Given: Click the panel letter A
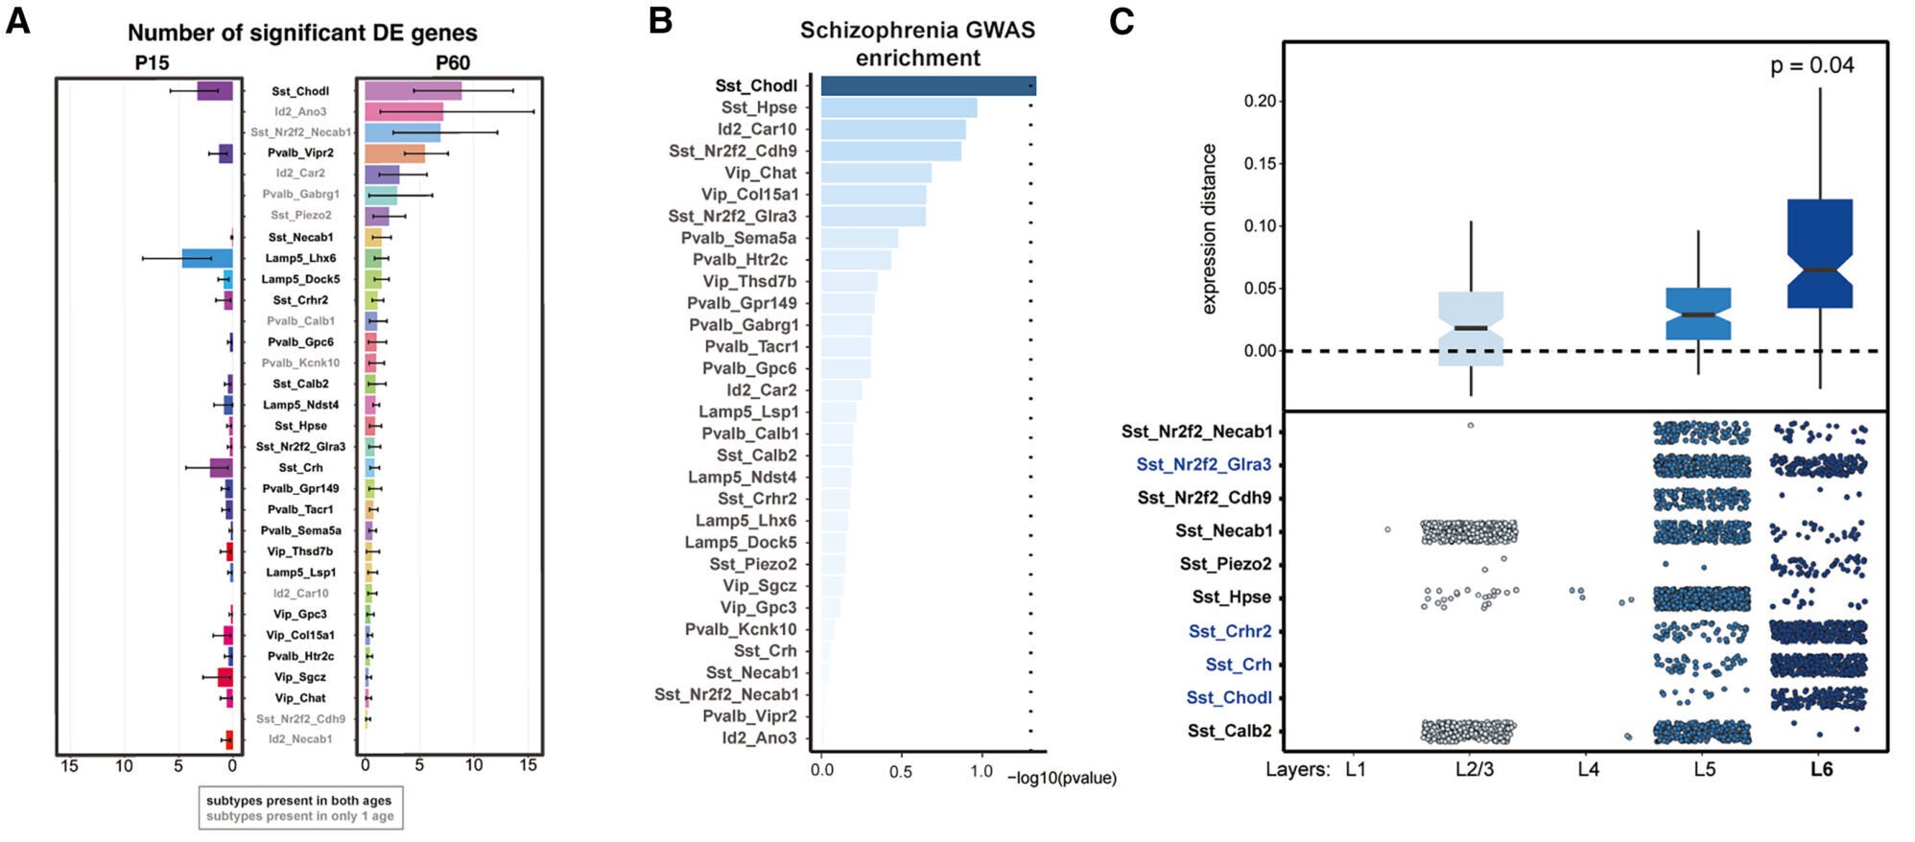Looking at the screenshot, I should (x=18, y=20).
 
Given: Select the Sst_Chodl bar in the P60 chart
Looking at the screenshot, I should (x=413, y=91).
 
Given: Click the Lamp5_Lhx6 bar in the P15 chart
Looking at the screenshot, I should (x=207, y=258).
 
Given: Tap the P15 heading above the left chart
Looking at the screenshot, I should (x=151, y=63).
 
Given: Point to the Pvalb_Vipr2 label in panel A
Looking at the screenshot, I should (x=300, y=152).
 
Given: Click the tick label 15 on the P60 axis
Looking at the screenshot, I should (x=528, y=766).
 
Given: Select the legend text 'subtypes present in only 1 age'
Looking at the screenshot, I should (x=299, y=816).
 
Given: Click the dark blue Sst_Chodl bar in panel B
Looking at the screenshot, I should (x=927, y=86).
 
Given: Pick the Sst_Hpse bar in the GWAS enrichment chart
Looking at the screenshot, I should (x=898, y=107).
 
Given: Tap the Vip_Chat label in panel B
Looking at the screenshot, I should (x=760, y=173).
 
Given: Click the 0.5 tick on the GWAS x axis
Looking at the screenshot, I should (x=900, y=771).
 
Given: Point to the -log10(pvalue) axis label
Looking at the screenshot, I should (x=1062, y=778).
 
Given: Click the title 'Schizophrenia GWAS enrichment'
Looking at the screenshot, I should (x=917, y=44).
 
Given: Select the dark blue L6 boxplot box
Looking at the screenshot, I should (x=1819, y=254).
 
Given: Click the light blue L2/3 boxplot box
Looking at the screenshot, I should (x=1471, y=329).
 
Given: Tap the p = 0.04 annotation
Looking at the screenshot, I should (x=1811, y=65).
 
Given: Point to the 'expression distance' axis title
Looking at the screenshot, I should (x=1209, y=228).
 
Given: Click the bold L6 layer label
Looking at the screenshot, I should (x=1821, y=769).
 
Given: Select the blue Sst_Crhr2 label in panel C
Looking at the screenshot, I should (x=1229, y=631).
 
